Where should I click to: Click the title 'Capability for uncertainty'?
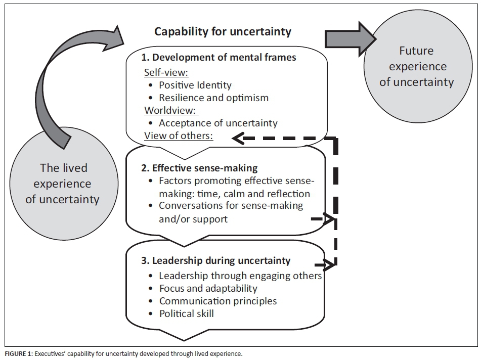[x=223, y=31]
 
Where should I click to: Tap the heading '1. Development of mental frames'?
[x=221, y=57]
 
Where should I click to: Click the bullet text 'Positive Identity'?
[x=195, y=84]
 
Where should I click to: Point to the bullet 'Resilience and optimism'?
[x=213, y=98]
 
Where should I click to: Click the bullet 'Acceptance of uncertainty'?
[x=218, y=123]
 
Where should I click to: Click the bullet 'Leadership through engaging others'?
[x=240, y=276]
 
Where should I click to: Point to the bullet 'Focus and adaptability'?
[x=208, y=288]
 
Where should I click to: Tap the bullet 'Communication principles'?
[x=218, y=301]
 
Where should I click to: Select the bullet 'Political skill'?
[x=186, y=313]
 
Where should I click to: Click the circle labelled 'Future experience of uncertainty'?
[x=416, y=66]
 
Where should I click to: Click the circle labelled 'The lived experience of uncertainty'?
[x=62, y=183]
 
